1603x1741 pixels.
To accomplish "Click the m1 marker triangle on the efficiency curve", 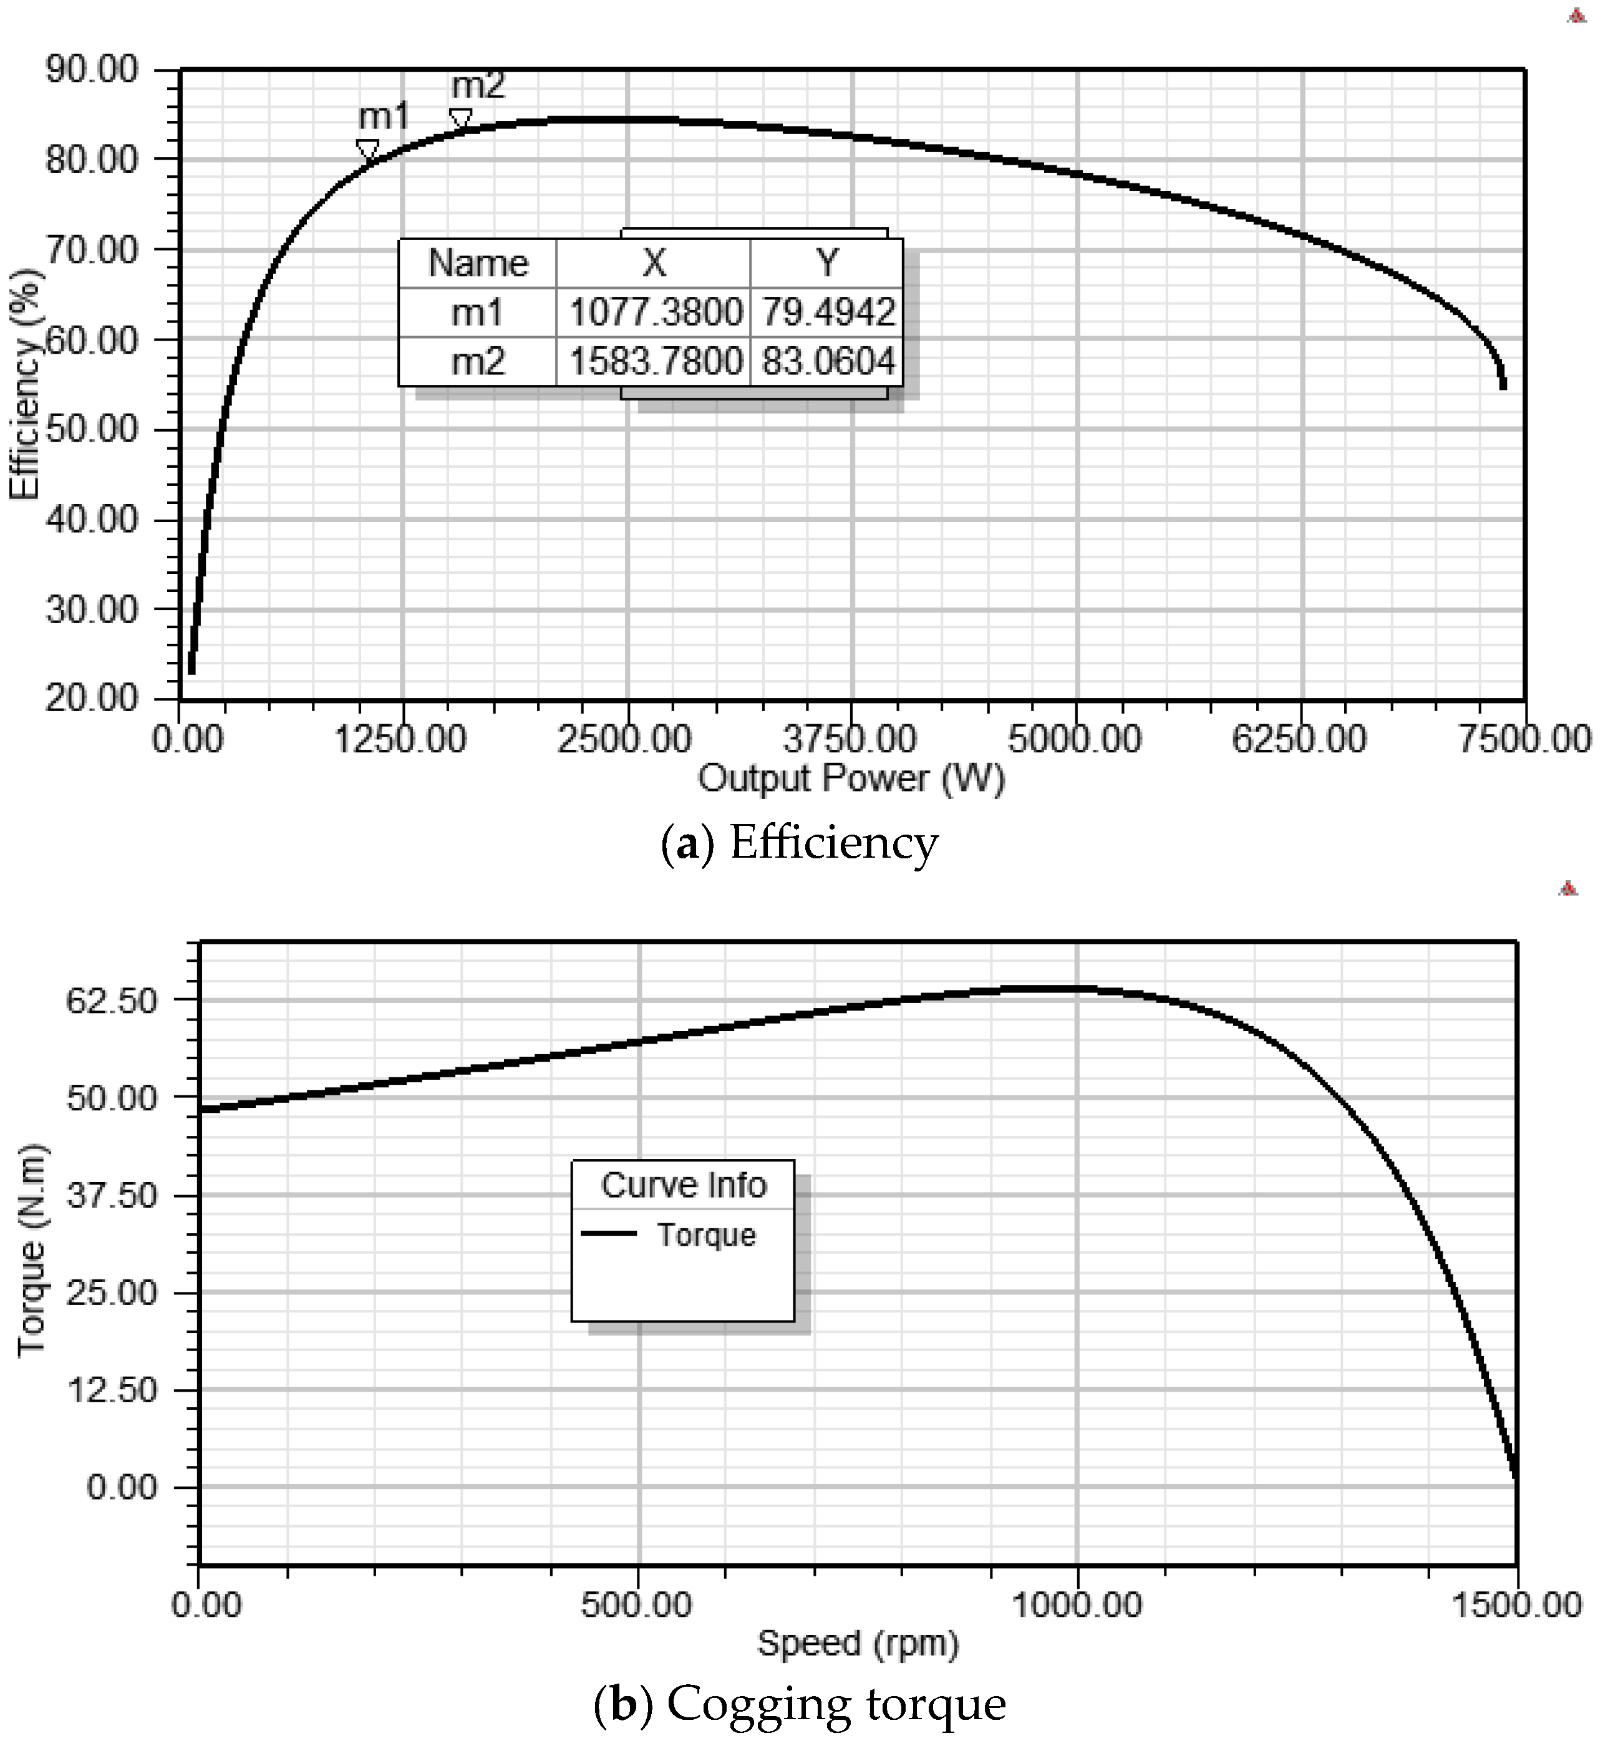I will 368,149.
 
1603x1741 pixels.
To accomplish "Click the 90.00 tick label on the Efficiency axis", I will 92,69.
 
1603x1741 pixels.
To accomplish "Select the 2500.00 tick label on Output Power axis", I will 624,740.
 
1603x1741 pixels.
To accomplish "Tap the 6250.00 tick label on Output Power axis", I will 1299,740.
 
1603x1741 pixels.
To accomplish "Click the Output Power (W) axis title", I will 851,778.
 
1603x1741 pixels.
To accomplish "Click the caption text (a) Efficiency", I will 799,843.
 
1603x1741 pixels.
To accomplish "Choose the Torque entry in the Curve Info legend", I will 705,1234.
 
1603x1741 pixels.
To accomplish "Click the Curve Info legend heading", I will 684,1185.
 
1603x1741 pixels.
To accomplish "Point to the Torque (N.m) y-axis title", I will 31,1249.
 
